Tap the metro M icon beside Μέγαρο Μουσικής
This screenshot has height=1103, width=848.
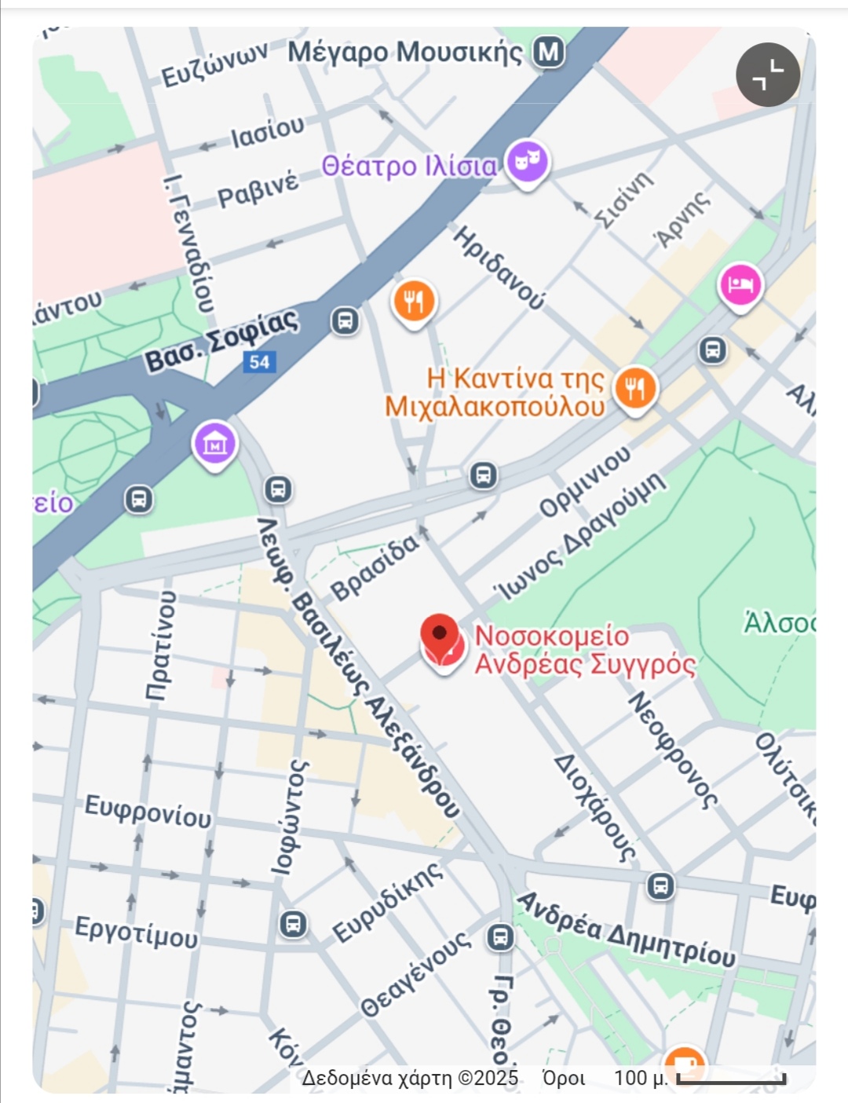click(x=549, y=53)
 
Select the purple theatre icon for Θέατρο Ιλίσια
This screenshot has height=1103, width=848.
click(x=527, y=163)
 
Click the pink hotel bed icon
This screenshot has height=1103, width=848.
click(x=740, y=284)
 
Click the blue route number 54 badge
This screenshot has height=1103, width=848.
click(x=259, y=362)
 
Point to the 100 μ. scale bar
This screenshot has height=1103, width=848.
click(x=731, y=1079)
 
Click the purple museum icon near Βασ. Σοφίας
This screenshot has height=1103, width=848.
click(x=214, y=445)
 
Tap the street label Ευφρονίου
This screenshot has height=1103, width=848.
click(x=148, y=811)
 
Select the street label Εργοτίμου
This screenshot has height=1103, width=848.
click(x=136, y=933)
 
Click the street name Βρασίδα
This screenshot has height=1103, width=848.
click(x=375, y=567)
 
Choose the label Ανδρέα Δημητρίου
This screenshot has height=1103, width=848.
click(x=626, y=929)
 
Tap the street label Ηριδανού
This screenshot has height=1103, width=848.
click(x=499, y=267)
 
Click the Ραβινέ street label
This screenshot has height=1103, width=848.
click(x=258, y=189)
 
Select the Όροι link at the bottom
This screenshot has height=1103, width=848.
click(x=563, y=1078)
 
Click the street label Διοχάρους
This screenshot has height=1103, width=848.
click(x=594, y=808)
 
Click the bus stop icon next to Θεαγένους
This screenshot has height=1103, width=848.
click(x=500, y=936)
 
